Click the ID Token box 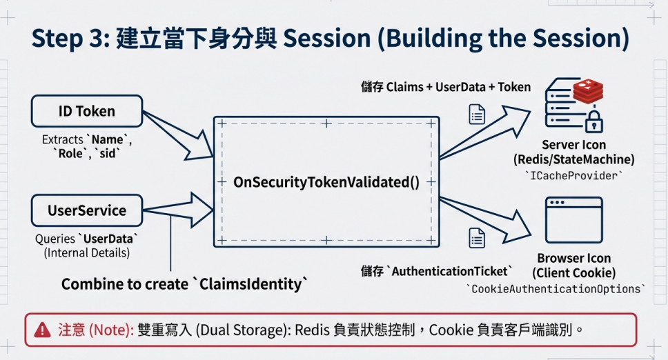87,111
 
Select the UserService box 87,210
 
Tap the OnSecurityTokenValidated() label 326,182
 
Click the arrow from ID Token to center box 178,135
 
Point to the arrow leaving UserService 178,210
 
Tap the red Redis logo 588,90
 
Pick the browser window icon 574,220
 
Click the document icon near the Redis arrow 477,114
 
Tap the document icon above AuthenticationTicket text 477,238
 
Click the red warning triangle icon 42,330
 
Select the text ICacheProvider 574,176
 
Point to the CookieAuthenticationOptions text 556,289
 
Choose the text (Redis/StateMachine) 574,159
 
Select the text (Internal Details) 87,253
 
